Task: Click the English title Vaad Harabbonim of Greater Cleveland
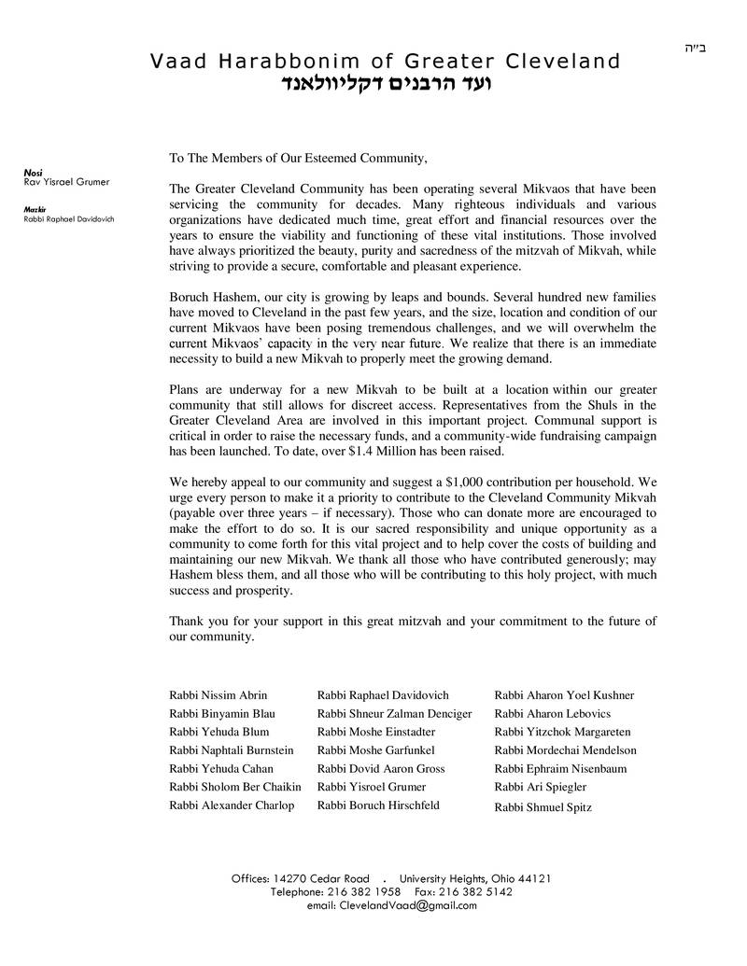pyautogui.click(x=385, y=62)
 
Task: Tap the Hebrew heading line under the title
pyautogui.click(x=386, y=85)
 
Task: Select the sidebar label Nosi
pyautogui.click(x=33, y=173)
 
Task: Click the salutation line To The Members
pyautogui.click(x=298, y=158)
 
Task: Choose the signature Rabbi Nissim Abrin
pyautogui.click(x=218, y=695)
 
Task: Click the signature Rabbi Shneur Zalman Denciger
pyautogui.click(x=394, y=714)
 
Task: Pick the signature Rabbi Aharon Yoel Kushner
pyautogui.click(x=564, y=695)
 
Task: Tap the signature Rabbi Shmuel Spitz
pyautogui.click(x=543, y=808)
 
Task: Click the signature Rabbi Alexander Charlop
pyautogui.click(x=232, y=805)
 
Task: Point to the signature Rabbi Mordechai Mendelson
pyautogui.click(x=565, y=750)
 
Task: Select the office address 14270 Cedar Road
pyautogui.click(x=321, y=879)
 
